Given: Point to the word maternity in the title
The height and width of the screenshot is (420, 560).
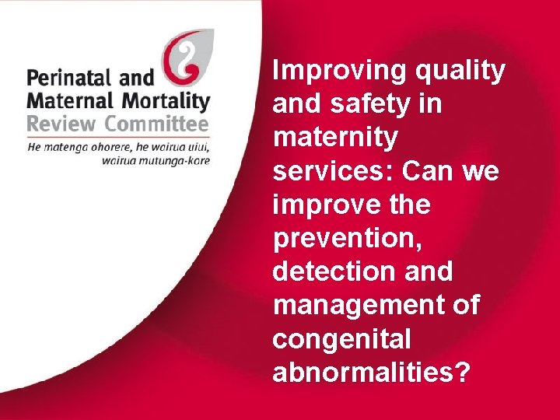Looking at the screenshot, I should [x=335, y=138].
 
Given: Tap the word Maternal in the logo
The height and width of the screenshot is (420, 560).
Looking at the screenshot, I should [x=63, y=100].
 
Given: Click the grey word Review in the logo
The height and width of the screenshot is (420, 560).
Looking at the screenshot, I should [x=59, y=124].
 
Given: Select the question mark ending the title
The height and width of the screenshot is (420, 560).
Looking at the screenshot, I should [x=462, y=373].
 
